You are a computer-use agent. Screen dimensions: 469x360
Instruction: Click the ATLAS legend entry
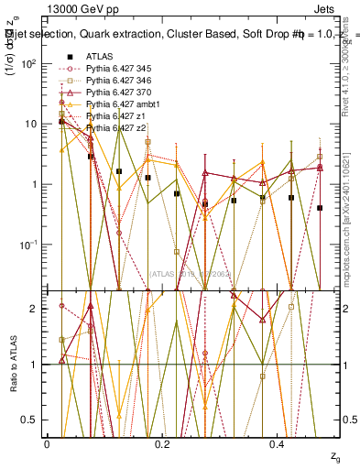(98, 57)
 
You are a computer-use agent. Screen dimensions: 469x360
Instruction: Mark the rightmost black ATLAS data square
(320, 208)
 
